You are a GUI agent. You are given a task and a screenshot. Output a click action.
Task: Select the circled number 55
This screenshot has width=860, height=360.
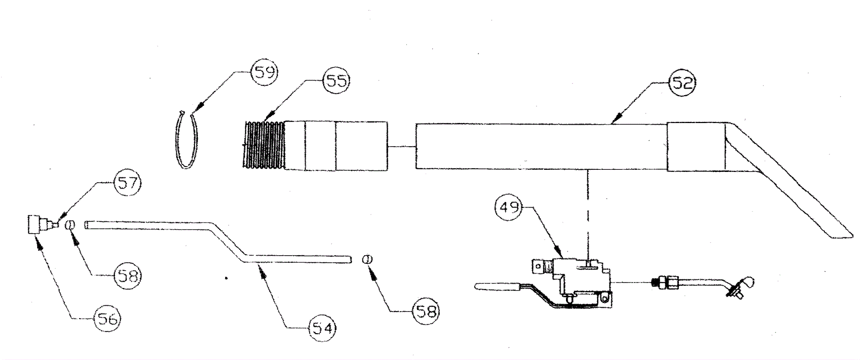click(336, 81)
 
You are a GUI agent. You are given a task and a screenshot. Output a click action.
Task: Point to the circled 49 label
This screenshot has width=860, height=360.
click(509, 207)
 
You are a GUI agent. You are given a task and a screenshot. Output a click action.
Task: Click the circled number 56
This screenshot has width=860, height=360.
click(106, 319)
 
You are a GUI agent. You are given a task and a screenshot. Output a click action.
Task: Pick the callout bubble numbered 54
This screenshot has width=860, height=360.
click(322, 327)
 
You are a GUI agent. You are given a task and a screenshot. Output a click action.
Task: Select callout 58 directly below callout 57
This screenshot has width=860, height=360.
click(127, 276)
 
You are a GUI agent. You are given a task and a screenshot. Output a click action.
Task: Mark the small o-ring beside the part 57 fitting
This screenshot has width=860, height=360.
click(70, 225)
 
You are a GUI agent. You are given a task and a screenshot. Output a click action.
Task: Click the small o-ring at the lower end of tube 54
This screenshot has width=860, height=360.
click(367, 260)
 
